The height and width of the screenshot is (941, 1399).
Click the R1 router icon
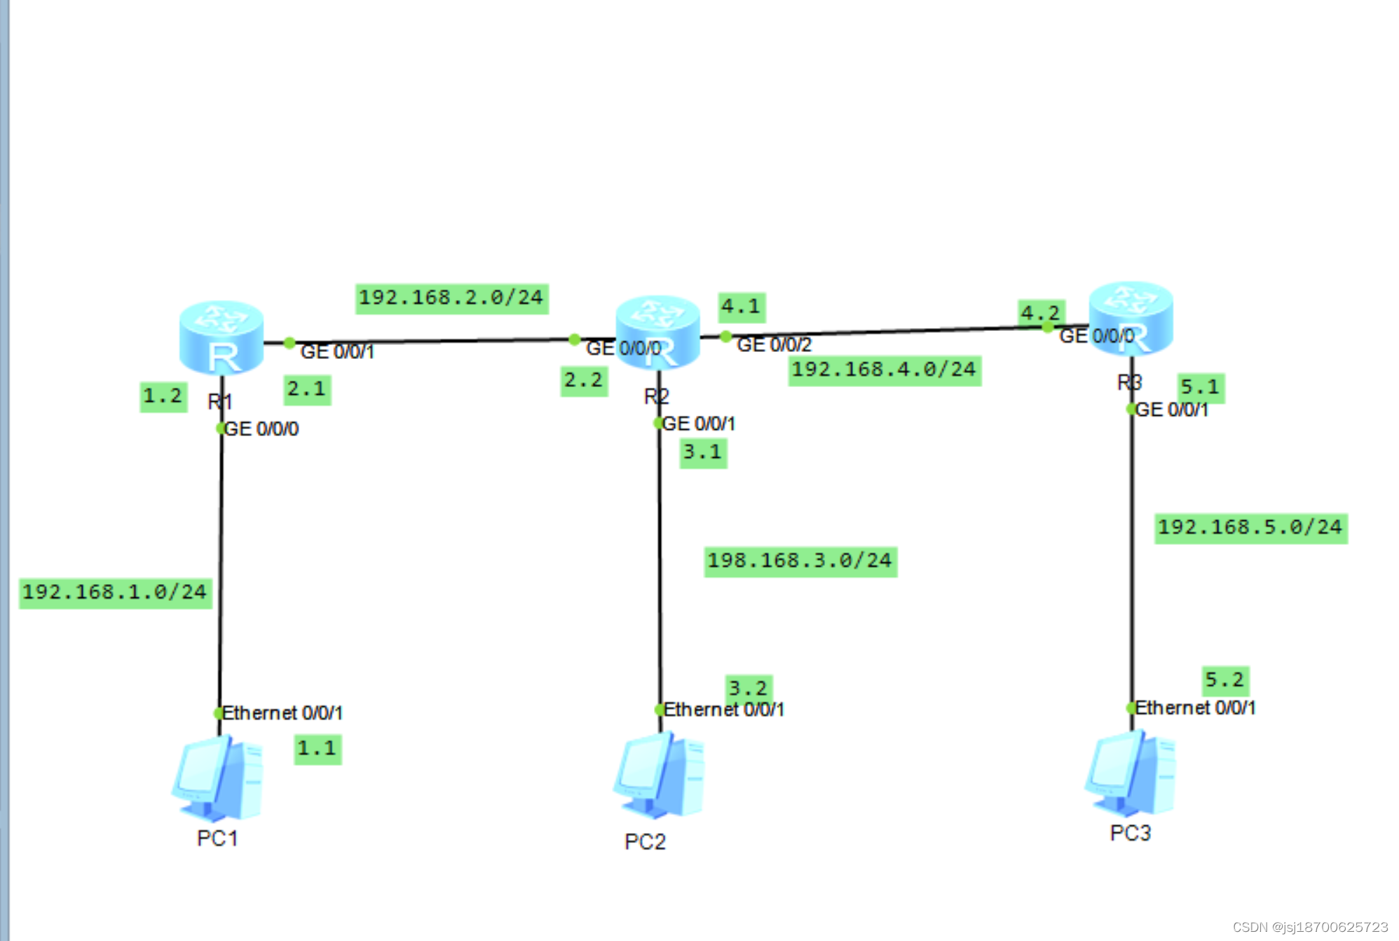point(221,337)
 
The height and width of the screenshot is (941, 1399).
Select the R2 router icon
point(657,332)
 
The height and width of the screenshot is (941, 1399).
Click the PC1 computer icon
point(218,778)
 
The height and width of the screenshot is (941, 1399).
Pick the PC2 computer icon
point(659,776)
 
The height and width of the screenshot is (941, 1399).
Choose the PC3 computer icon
point(1130,773)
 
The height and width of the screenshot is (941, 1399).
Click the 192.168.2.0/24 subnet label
point(451,298)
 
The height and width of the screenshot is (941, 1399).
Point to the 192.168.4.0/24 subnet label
point(884,370)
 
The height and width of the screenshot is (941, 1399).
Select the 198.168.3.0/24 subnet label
point(800,561)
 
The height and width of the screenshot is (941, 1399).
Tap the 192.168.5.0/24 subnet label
point(1250,527)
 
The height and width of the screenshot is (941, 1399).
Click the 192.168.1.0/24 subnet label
point(115,593)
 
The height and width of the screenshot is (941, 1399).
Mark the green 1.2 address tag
point(163,397)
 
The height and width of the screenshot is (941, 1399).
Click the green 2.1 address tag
point(307,389)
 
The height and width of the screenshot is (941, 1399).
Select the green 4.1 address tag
point(741,307)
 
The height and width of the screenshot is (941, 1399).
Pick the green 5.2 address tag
point(1224,679)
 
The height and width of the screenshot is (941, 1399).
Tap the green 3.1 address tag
point(703,452)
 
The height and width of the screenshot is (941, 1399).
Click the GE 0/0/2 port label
point(774,345)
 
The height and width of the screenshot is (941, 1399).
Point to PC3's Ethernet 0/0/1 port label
point(1195,708)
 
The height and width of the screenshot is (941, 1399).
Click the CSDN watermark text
point(1309,927)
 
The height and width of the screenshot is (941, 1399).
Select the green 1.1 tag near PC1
point(318,749)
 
